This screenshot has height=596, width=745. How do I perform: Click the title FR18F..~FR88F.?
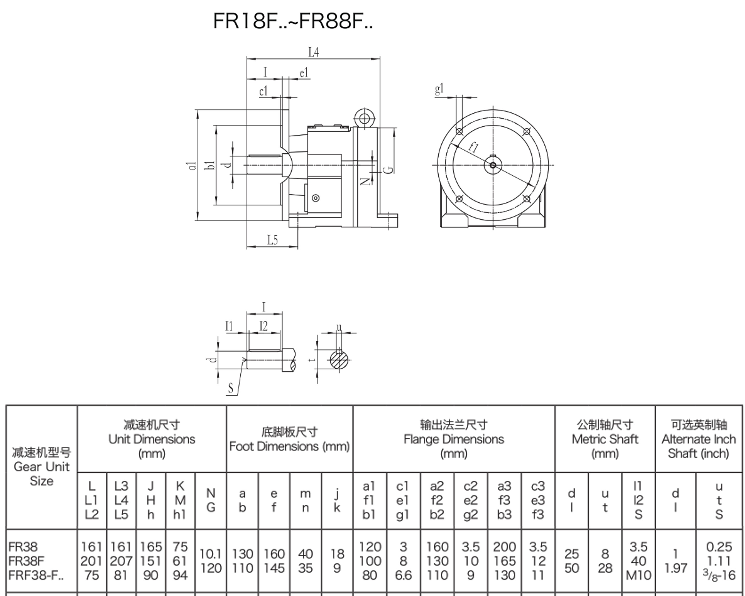pyautogui.click(x=293, y=21)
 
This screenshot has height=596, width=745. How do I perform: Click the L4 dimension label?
pyautogui.click(x=313, y=52)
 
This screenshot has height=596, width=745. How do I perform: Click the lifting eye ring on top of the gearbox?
pyautogui.click(x=364, y=118)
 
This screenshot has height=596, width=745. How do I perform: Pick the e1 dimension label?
pyautogui.click(x=304, y=73)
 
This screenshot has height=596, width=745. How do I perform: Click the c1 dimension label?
pyautogui.click(x=263, y=91)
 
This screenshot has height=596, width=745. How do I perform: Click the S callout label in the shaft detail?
pyautogui.click(x=230, y=389)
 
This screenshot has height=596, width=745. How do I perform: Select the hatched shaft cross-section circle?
pyautogui.click(x=339, y=361)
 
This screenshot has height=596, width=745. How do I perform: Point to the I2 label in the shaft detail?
pyautogui.click(x=263, y=326)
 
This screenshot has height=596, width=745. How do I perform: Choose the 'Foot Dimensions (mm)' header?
pyautogui.click(x=289, y=446)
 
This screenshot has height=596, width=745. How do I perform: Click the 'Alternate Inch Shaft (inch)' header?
pyautogui.click(x=698, y=446)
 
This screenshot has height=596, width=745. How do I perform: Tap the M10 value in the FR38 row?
pyautogui.click(x=638, y=575)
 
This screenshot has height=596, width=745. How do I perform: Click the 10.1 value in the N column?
pyautogui.click(x=210, y=554)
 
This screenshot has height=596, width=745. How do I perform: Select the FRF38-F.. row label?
pyautogui.click(x=36, y=575)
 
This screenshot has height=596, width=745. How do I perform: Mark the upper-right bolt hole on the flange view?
pyautogui.click(x=527, y=131)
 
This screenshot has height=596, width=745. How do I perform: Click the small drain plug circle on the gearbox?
pyautogui.click(x=315, y=198)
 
